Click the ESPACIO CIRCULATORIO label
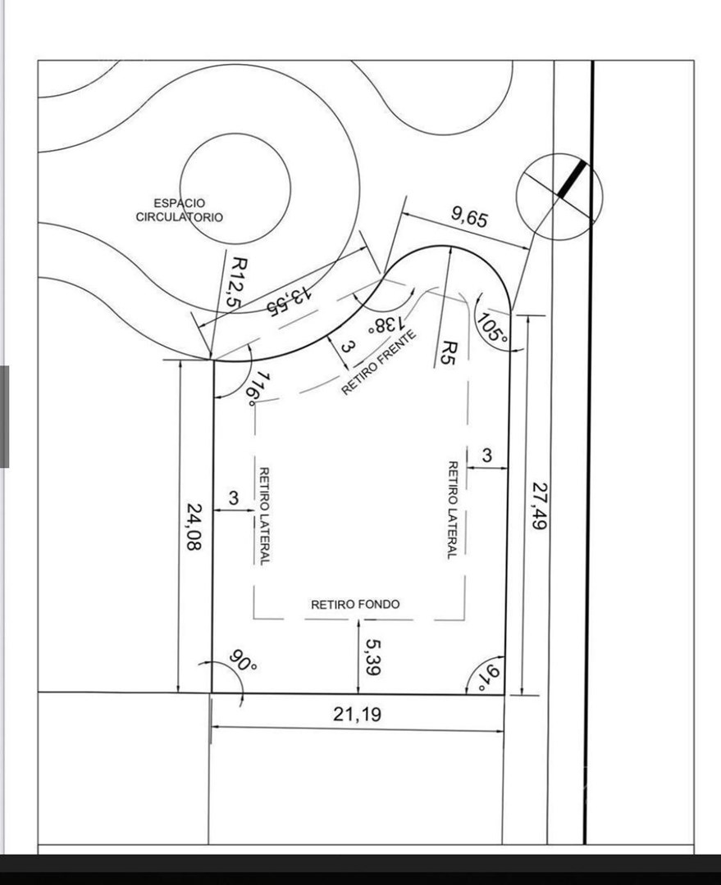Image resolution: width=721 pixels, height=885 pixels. coord(179,210)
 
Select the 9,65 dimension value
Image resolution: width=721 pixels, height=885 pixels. coord(469,216)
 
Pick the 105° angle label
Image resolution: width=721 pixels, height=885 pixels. coord(493,327)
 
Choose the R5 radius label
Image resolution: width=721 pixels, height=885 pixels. coord(448,352)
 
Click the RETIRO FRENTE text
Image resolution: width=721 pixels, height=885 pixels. coord(379,362)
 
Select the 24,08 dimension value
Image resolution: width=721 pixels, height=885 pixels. coord(194,527)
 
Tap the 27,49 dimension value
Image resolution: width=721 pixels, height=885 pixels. coord(540,505)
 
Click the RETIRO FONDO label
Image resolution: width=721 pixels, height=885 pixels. coord(355,605)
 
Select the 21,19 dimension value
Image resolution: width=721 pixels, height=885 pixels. coord(357,715)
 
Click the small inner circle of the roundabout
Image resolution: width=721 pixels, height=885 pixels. coord(235,188)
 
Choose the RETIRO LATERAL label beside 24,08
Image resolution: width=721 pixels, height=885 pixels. coord(264,515)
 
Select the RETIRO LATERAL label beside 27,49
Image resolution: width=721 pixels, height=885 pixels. coord(453,511)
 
